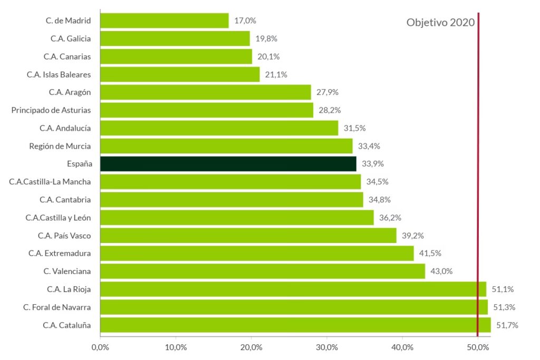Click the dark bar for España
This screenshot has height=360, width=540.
[228, 164]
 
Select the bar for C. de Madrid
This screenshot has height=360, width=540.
[164, 21]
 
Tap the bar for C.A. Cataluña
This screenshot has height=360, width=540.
[295, 325]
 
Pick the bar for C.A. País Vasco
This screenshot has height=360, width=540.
[248, 236]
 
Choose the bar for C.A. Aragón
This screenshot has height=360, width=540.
[205, 92]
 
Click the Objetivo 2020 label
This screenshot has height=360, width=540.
[440, 23]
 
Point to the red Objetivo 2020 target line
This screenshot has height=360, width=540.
[478, 158]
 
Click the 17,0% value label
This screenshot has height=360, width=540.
[245, 21]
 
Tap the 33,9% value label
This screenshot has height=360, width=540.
[373, 164]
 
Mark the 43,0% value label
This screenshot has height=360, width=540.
[441, 271]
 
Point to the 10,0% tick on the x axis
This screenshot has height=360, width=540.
[176, 347]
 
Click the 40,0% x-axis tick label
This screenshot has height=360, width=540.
[402, 347]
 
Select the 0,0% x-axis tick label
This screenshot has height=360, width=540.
[100, 347]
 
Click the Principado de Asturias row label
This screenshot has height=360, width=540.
[51, 110]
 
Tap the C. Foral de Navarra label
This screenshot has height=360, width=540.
[57, 307]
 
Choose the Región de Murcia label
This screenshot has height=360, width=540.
[60, 146]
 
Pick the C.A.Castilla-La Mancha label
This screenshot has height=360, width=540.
[50, 182]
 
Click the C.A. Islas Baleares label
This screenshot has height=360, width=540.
[59, 74]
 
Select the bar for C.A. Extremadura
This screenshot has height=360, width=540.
[257, 254]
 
